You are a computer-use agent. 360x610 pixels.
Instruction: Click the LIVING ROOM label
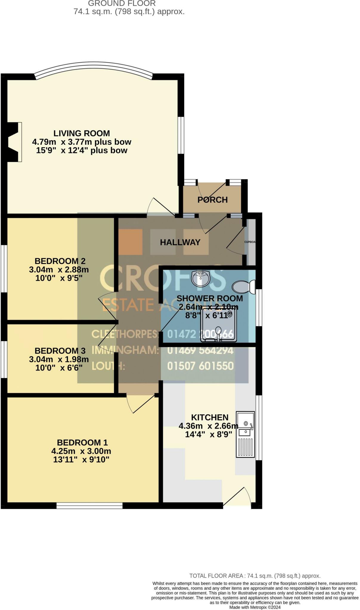[x=81, y=133]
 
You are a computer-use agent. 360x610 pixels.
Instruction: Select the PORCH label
[x=212, y=200]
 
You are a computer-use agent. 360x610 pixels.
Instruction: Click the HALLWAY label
[x=180, y=242]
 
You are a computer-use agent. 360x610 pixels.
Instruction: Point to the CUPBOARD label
[x=250, y=242]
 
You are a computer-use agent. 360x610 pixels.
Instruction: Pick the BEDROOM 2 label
[x=60, y=261]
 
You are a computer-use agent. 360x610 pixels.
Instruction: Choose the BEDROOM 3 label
[x=60, y=351]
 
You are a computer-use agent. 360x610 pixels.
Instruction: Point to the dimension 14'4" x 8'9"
[x=208, y=435]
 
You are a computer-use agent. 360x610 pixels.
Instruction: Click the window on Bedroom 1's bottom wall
[x=89, y=505]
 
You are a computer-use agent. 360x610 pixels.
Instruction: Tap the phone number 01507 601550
[x=200, y=366]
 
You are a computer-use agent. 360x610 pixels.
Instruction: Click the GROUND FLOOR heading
[x=122, y=4]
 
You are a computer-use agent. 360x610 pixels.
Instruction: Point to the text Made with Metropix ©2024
[x=255, y=607]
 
